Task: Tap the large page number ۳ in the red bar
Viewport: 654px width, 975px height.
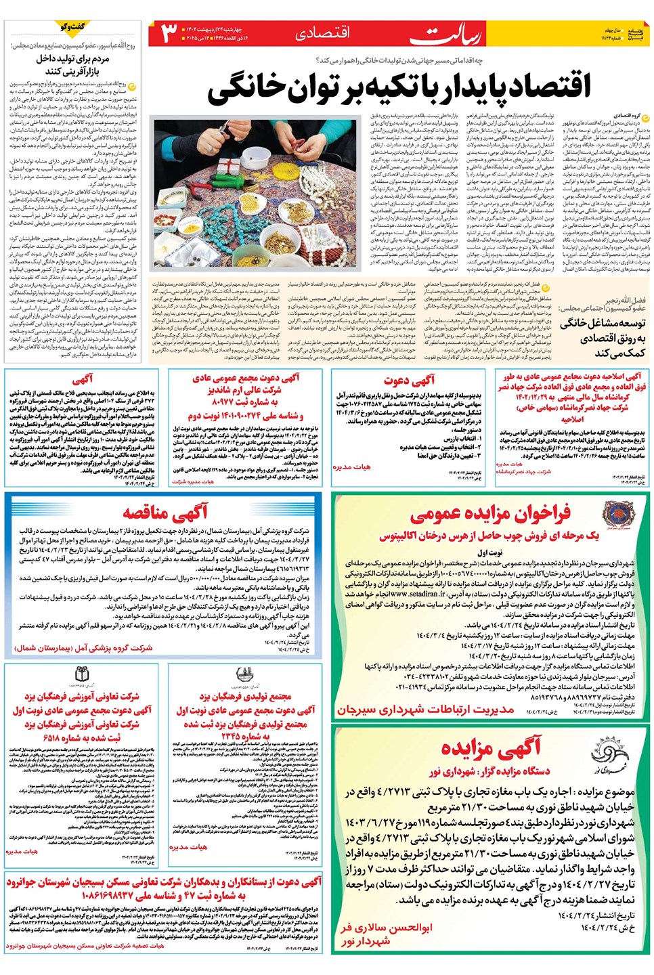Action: click(169, 33)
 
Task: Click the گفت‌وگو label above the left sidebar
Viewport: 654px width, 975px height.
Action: click(72, 27)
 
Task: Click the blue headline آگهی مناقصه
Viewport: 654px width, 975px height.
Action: click(165, 511)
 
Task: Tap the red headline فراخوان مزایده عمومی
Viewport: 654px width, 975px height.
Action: click(490, 514)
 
